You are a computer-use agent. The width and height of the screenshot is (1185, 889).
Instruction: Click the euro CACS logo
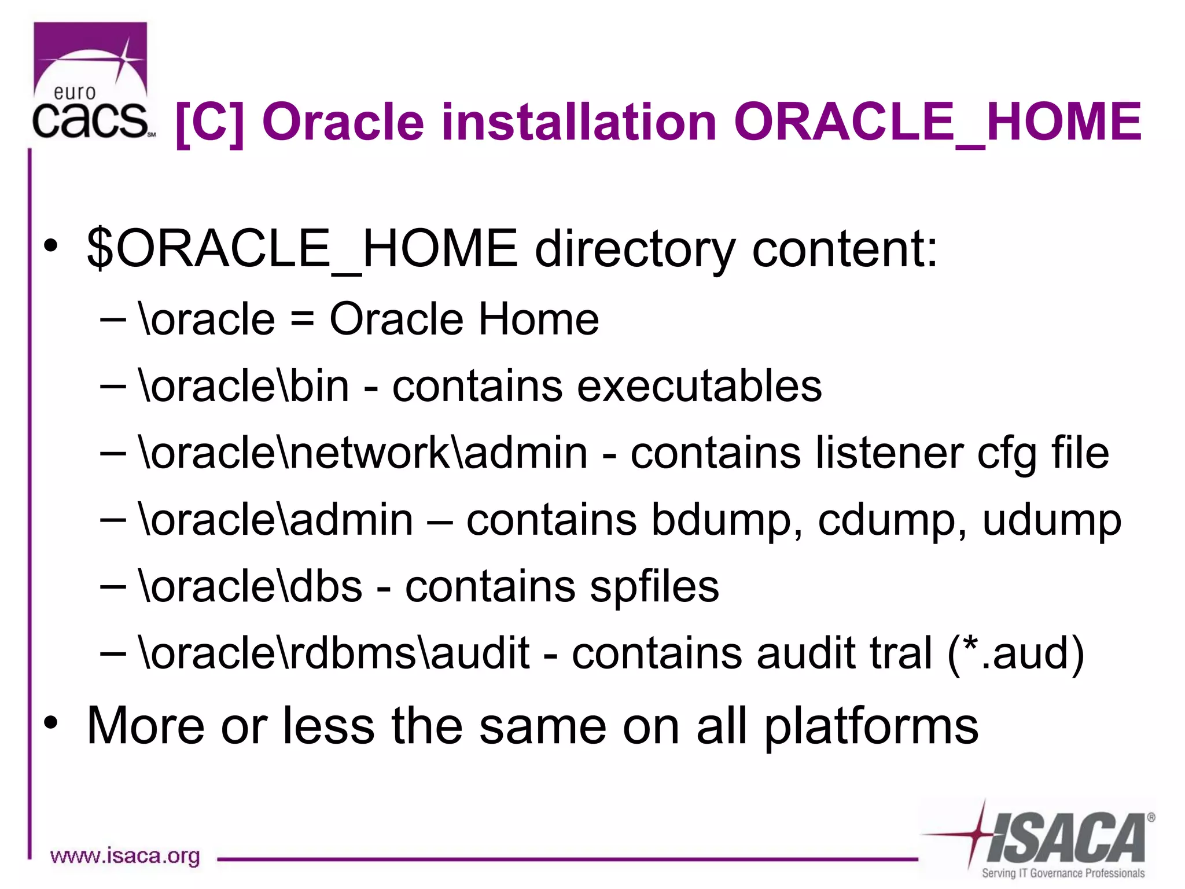pyautogui.click(x=91, y=81)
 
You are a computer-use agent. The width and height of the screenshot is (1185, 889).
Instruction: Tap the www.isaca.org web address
pyautogui.click(x=125, y=855)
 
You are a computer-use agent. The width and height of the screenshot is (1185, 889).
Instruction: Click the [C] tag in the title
pyautogui.click(x=209, y=123)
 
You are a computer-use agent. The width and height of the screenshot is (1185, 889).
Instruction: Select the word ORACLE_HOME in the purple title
pyautogui.click(x=937, y=123)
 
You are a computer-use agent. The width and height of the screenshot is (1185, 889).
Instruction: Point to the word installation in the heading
pyautogui.click(x=579, y=123)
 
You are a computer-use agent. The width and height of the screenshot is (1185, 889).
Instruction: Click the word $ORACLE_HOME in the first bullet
pyautogui.click(x=301, y=249)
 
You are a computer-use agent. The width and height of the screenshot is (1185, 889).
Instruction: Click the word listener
pyautogui.click(x=889, y=453)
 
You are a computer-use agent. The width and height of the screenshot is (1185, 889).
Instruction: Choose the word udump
pyautogui.click(x=1051, y=520)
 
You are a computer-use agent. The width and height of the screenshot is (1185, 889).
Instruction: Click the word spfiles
pyautogui.click(x=654, y=587)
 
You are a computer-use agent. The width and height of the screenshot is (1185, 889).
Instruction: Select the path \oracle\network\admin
pyautogui.click(x=363, y=453)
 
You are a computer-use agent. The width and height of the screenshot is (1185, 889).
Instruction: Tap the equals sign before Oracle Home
pyautogui.click(x=302, y=320)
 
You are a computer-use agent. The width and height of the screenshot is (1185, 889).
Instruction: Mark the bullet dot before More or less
pyautogui.click(x=51, y=722)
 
